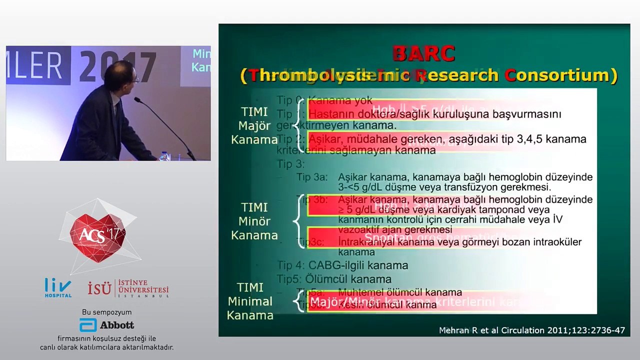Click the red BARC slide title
coord(423,53)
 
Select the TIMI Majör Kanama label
coord(254,125)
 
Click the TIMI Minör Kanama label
coord(254,221)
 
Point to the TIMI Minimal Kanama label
coord(250,301)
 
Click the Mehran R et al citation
coord(531,330)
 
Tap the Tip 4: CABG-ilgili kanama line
coord(343,265)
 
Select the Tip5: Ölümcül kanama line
coord(334,279)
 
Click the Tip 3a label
coord(312,177)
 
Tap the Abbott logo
coord(107,325)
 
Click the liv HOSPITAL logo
coord(58,287)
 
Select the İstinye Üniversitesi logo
coord(128,288)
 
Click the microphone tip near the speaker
coord(136,100)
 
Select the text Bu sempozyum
coord(106,312)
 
